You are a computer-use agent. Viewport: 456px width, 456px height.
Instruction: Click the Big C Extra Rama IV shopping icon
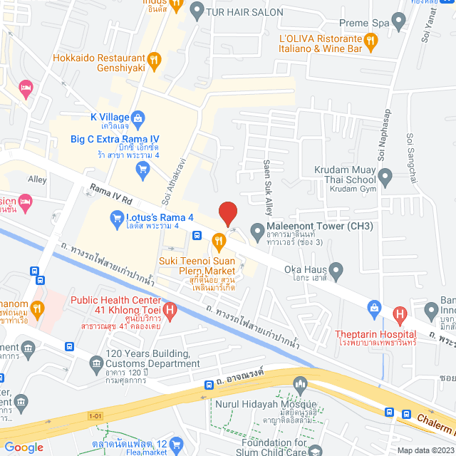[x=143, y=168]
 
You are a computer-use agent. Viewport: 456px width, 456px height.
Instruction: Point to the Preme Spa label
[x=364, y=23]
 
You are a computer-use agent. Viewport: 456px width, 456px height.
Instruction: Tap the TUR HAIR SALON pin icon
[x=197, y=12]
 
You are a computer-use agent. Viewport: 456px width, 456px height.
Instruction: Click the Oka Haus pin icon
[x=336, y=270]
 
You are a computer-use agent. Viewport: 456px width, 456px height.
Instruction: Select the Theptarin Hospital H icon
[x=400, y=313]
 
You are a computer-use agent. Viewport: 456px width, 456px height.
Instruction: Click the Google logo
[x=24, y=447]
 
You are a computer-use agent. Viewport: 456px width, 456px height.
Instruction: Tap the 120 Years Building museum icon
[x=96, y=365]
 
